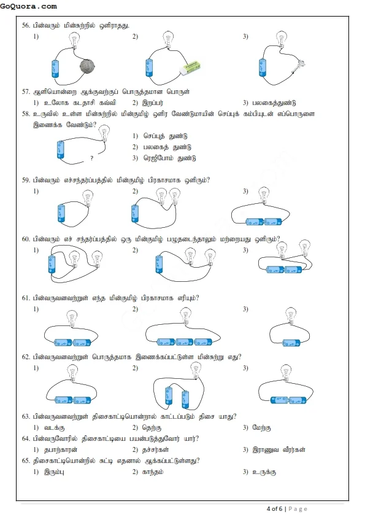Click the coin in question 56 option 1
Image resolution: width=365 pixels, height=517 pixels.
click(87, 66)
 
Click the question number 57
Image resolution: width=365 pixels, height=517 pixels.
click(26, 91)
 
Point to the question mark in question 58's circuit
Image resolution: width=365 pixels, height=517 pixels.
click(91, 158)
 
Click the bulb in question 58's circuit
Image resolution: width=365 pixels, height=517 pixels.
click(105, 131)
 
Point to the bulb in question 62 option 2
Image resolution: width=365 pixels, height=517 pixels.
click(196, 370)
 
